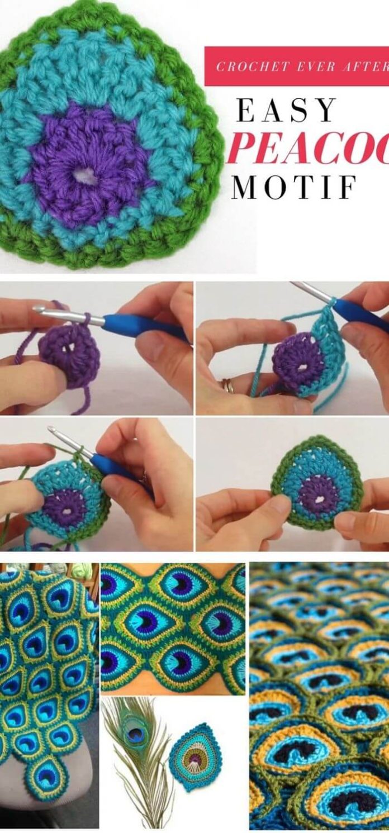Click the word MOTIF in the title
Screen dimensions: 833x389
(x=294, y=187)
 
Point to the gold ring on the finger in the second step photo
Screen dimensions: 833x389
(x=228, y=385)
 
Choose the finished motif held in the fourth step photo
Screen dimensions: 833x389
(x=316, y=483)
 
